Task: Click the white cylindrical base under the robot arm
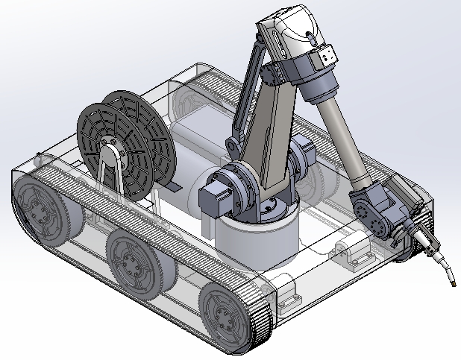(257, 242)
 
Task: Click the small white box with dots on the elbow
(325, 56)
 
